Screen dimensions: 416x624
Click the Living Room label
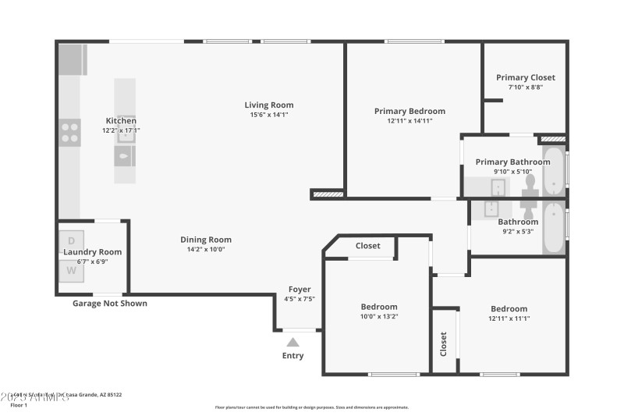[269, 105]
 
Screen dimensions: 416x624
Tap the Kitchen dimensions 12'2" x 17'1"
[121, 130]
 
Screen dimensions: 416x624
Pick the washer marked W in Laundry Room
[71, 271]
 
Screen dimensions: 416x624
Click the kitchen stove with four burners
[70, 133]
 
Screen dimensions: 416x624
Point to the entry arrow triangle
[292, 341]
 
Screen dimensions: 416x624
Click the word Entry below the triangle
[292, 356]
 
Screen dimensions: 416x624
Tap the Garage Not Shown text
[109, 304]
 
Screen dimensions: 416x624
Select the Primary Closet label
[526, 77]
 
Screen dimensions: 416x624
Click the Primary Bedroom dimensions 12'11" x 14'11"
[409, 121]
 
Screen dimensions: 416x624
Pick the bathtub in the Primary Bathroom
[553, 169]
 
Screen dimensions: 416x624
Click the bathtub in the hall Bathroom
[553, 227]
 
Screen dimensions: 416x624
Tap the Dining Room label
[206, 240]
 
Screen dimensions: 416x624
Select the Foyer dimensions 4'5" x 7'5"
[300, 298]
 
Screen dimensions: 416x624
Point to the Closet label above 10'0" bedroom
[368, 246]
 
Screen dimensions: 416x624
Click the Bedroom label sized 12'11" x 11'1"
[509, 308]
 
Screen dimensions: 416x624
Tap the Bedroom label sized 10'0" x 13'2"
[379, 307]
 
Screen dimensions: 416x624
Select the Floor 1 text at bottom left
[18, 404]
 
